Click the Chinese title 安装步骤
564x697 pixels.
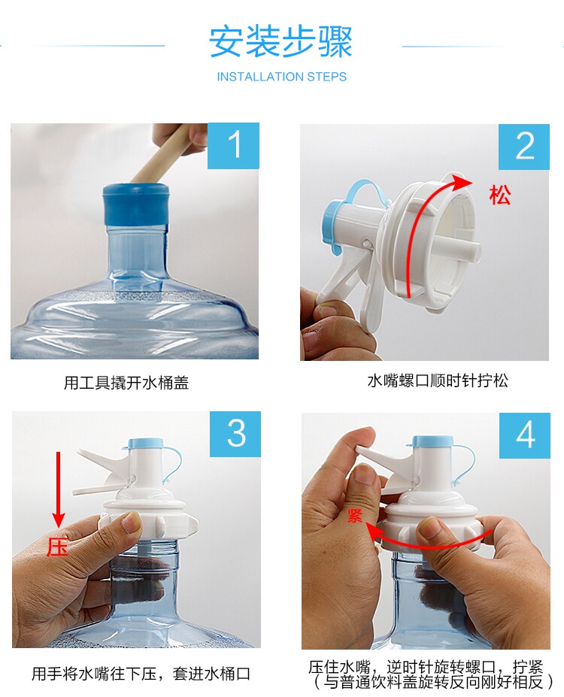click(281, 42)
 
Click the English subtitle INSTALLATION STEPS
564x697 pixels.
click(282, 77)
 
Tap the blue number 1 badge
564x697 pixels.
click(233, 145)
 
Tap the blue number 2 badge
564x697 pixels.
click(524, 147)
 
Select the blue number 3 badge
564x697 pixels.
click(235, 434)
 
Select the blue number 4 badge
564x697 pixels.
click(525, 435)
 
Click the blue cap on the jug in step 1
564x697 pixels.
click(136, 205)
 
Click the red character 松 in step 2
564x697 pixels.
click(500, 195)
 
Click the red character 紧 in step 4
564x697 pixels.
click(355, 516)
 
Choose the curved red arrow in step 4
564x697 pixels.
click(426, 544)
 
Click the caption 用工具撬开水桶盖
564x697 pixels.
click(126, 382)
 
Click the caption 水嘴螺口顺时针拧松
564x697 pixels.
click(438, 380)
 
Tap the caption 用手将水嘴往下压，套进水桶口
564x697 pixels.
click(141, 674)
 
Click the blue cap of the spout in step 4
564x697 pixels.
click(433, 441)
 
